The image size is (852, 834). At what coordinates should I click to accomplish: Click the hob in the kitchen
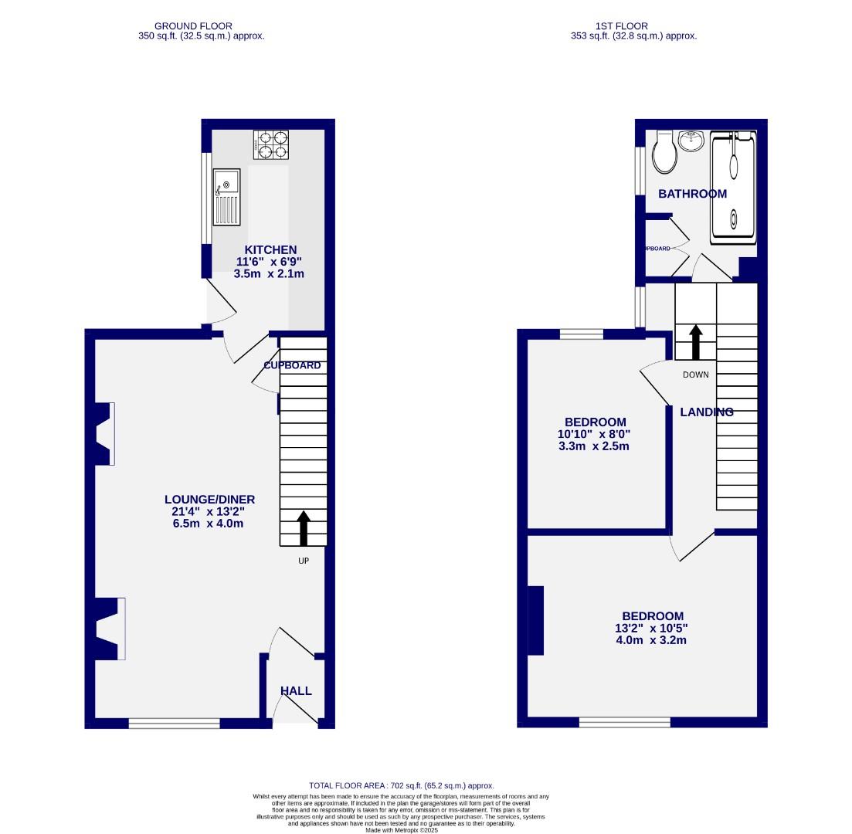(270, 144)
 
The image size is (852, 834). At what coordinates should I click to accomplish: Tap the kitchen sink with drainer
(226, 197)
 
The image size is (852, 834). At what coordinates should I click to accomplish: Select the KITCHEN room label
(270, 249)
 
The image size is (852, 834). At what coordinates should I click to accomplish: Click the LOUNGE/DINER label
(209, 500)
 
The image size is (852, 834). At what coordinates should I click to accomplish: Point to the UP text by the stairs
(304, 561)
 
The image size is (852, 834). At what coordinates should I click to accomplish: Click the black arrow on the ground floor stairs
(303, 528)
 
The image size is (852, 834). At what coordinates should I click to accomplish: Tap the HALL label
(296, 691)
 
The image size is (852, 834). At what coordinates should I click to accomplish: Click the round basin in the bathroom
(691, 140)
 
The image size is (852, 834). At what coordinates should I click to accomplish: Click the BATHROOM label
(692, 194)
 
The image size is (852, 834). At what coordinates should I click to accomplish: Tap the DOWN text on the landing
(695, 375)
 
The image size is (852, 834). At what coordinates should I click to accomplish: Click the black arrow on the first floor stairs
(695, 342)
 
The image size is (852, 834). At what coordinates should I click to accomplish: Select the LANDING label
(706, 412)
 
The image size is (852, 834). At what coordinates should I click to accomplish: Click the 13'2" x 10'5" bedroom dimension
(652, 628)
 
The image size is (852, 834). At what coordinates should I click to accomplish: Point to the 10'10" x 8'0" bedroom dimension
(594, 434)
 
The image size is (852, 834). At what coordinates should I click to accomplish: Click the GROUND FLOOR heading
(193, 26)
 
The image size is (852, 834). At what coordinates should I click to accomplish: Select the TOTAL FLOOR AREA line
(401, 785)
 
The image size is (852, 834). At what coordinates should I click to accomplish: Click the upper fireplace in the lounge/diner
(104, 433)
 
